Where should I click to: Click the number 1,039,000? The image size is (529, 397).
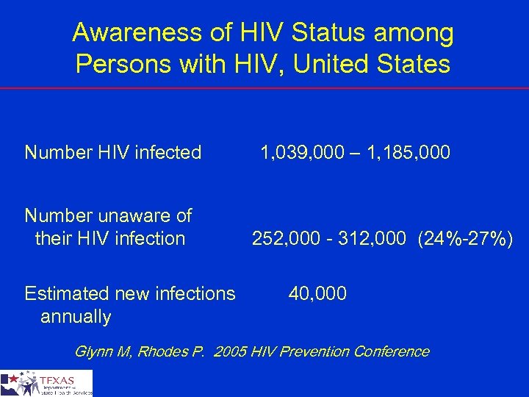click(301, 153)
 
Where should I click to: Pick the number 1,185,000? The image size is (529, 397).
click(409, 153)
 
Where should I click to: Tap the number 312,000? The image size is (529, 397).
click(365, 238)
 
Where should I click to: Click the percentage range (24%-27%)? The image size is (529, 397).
click(466, 238)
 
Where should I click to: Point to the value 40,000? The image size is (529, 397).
click(317, 294)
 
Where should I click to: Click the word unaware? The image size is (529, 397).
click(130, 215)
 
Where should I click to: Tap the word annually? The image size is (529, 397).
click(76, 317)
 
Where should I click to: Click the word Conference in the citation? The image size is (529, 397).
click(391, 351)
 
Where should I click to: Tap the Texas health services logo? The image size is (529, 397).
click(47, 383)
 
